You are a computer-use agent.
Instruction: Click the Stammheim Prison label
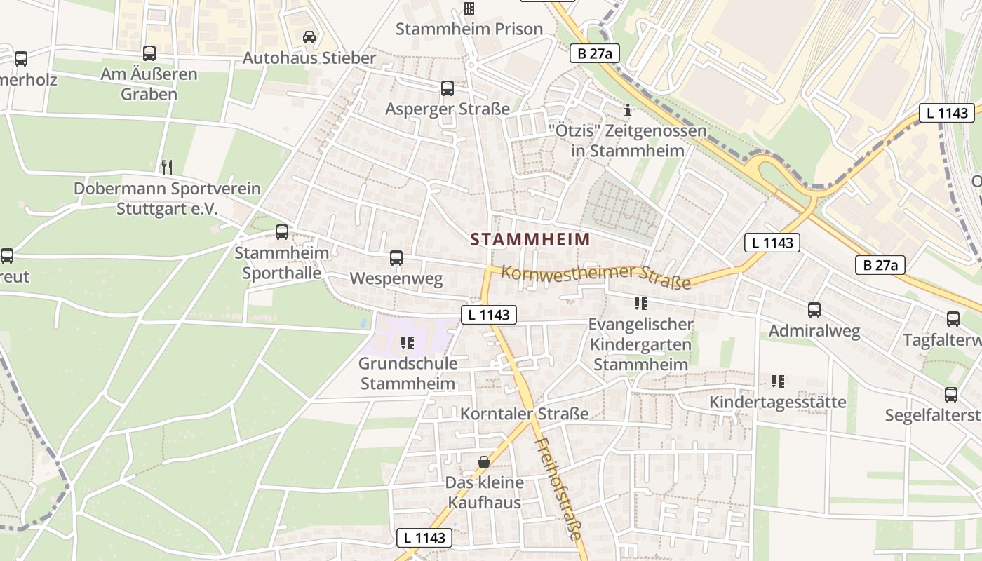469,29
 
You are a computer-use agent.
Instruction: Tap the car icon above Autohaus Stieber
309,36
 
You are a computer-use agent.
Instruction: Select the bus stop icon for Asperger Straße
448,88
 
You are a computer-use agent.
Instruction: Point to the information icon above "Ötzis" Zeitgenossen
628,110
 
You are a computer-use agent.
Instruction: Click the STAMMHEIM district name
530,239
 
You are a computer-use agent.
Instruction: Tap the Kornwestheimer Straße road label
596,276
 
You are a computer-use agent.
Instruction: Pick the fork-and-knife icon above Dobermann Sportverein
167,167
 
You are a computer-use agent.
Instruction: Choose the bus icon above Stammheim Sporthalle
282,231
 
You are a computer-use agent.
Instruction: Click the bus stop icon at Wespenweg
396,258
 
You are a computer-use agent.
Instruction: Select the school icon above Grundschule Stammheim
408,343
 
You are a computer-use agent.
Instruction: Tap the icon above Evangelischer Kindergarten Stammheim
640,304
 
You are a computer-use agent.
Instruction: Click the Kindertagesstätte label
778,402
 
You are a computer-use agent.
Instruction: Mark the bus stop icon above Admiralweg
814,309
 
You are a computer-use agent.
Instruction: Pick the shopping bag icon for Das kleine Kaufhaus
484,462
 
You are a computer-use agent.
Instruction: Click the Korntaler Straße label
524,414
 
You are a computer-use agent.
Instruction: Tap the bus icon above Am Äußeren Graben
149,53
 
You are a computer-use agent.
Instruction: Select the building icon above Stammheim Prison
469,8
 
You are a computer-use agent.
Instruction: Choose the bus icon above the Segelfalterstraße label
951,394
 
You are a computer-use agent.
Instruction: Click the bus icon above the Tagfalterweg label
953,318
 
